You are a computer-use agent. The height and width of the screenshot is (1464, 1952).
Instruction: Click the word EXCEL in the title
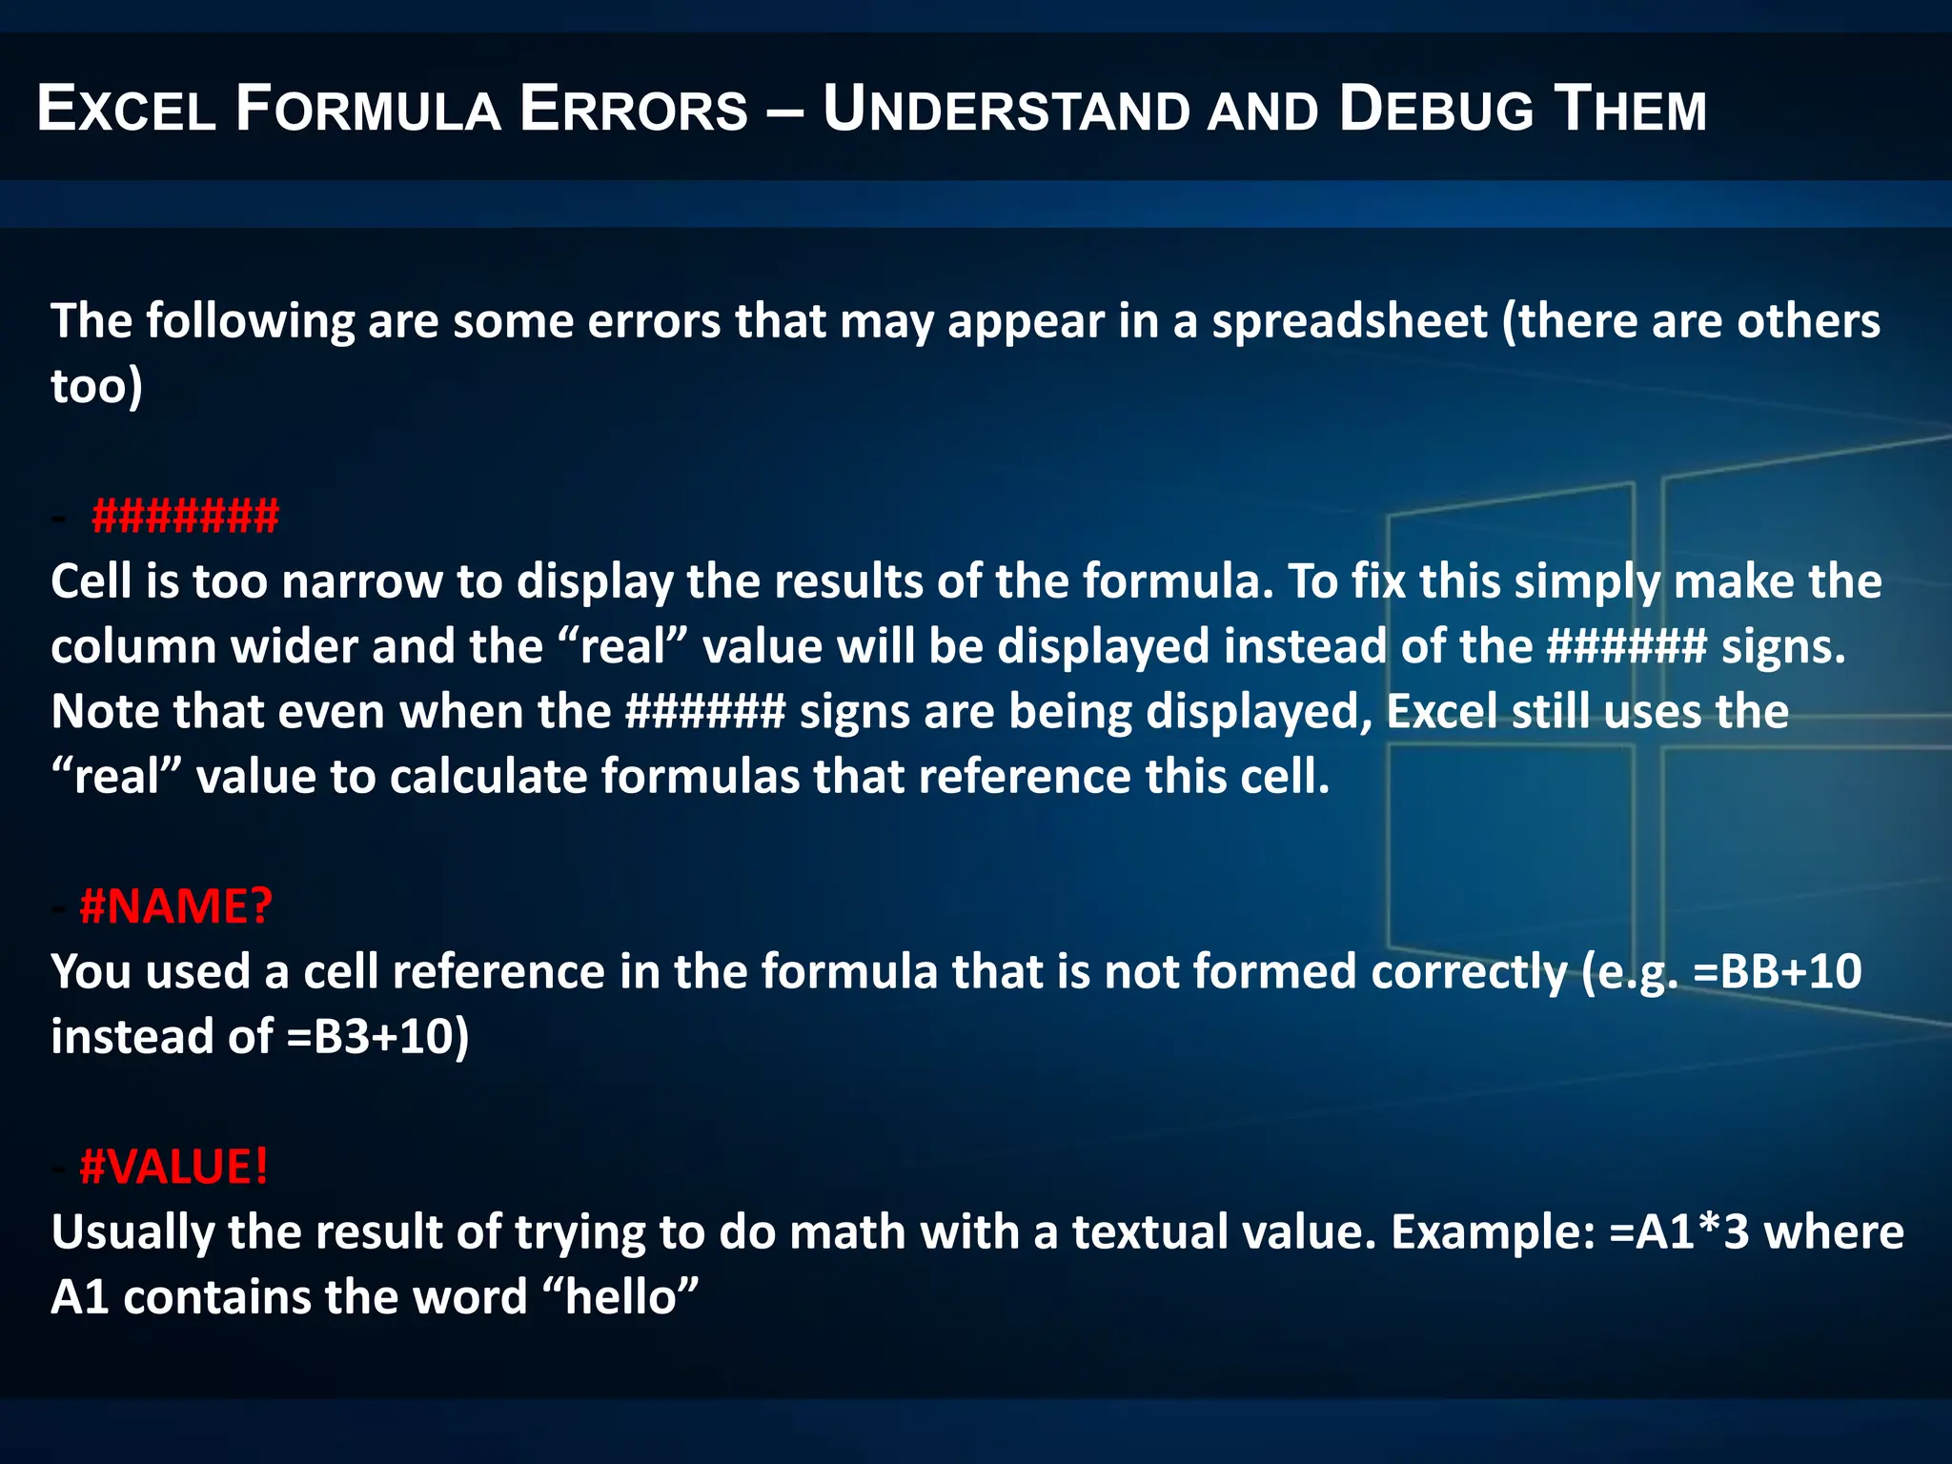pyautogui.click(x=127, y=109)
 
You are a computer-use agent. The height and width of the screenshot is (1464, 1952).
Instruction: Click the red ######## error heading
pyautogui.click(x=185, y=516)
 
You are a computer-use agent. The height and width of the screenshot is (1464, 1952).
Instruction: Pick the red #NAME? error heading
pyautogui.click(x=176, y=905)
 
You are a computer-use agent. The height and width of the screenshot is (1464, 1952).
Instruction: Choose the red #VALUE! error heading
pyautogui.click(x=174, y=1167)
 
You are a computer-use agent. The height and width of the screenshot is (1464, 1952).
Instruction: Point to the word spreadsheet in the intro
pyautogui.click(x=1350, y=321)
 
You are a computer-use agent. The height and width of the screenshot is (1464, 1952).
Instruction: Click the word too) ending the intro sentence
pyautogui.click(x=96, y=386)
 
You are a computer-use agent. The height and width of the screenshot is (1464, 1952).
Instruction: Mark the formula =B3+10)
pyautogui.click(x=377, y=1037)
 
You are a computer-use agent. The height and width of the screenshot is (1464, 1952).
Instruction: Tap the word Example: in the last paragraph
pyautogui.click(x=1493, y=1231)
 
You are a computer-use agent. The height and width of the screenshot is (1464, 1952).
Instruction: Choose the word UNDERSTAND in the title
pyautogui.click(x=1006, y=109)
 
